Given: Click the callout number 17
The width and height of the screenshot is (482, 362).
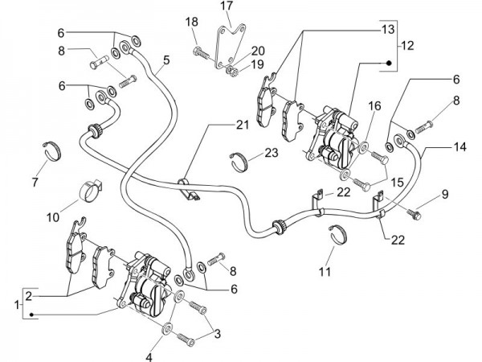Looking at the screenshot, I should pos(227,7).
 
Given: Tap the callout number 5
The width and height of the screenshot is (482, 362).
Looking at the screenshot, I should pos(167,60).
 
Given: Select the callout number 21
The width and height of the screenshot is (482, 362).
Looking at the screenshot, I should pos(242,124).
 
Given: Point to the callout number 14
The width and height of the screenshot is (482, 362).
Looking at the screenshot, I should pos(460,147).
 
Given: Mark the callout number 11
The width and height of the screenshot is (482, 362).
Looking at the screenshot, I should pos(324,271).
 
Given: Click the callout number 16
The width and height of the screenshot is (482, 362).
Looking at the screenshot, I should pos(375,105).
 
